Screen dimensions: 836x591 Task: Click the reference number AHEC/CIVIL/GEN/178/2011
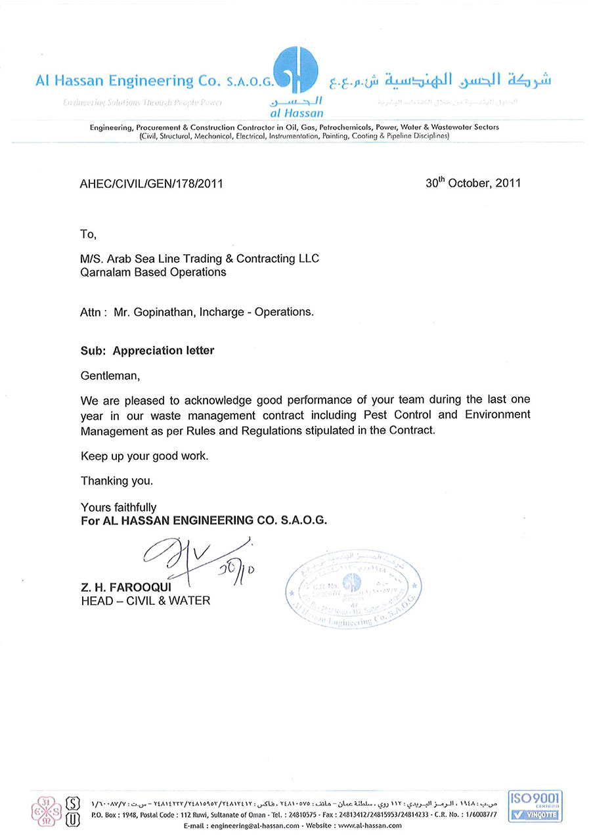tap(151, 183)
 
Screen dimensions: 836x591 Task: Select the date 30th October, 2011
tap(473, 183)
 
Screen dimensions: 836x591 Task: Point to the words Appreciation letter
tap(164, 351)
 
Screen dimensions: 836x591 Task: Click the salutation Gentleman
tap(110, 376)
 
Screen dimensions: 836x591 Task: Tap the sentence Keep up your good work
tap(144, 456)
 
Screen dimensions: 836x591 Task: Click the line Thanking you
tap(117, 481)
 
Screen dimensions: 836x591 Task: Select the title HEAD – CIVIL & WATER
tap(145, 600)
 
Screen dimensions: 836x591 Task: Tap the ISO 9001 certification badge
tap(535, 806)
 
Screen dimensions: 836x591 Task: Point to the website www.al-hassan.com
tap(369, 825)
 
